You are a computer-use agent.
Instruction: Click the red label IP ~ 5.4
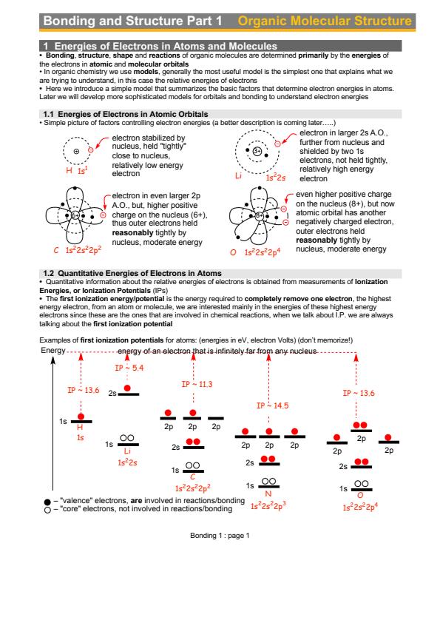[x=129, y=368]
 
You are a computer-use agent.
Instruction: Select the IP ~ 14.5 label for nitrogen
[x=272, y=405]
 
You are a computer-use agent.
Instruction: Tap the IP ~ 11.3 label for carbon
[x=197, y=384]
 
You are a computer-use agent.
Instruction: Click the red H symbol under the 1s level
[x=80, y=427]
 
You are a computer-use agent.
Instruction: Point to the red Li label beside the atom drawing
[x=238, y=175]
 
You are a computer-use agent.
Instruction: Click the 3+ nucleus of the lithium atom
[x=257, y=151]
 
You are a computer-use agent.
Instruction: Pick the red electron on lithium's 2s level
[x=127, y=388]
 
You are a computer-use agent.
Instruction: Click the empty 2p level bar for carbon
[x=216, y=418]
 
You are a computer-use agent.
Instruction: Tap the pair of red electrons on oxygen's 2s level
[x=362, y=462]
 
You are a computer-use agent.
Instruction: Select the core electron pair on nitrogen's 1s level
[x=269, y=481]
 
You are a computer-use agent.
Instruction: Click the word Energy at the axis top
[x=53, y=351]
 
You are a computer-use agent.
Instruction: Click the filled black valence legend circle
[x=47, y=502]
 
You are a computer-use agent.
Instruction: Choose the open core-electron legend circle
[x=47, y=510]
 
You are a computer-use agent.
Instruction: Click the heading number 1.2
[x=49, y=273]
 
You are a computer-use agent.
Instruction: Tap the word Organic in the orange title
[x=262, y=21]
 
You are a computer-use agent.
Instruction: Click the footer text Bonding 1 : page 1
[x=220, y=535]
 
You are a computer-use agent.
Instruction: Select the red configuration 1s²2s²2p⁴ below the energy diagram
[x=360, y=507]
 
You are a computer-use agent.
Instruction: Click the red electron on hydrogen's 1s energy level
[x=81, y=417]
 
